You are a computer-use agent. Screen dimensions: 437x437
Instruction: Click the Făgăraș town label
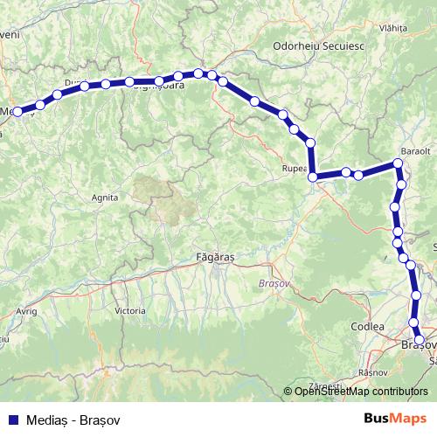click(213, 257)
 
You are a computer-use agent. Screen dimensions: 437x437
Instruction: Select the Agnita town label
click(105, 198)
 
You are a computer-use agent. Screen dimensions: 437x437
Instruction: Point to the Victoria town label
click(130, 310)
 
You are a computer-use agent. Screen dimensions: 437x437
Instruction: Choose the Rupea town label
click(294, 168)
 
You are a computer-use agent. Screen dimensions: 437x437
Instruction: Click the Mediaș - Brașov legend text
click(73, 420)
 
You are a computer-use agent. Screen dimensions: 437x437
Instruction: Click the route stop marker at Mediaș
click(17, 112)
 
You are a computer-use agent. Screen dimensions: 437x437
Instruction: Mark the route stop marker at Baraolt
click(399, 163)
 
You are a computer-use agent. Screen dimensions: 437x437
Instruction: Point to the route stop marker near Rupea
click(313, 177)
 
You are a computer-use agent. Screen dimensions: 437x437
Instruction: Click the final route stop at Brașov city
click(420, 340)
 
